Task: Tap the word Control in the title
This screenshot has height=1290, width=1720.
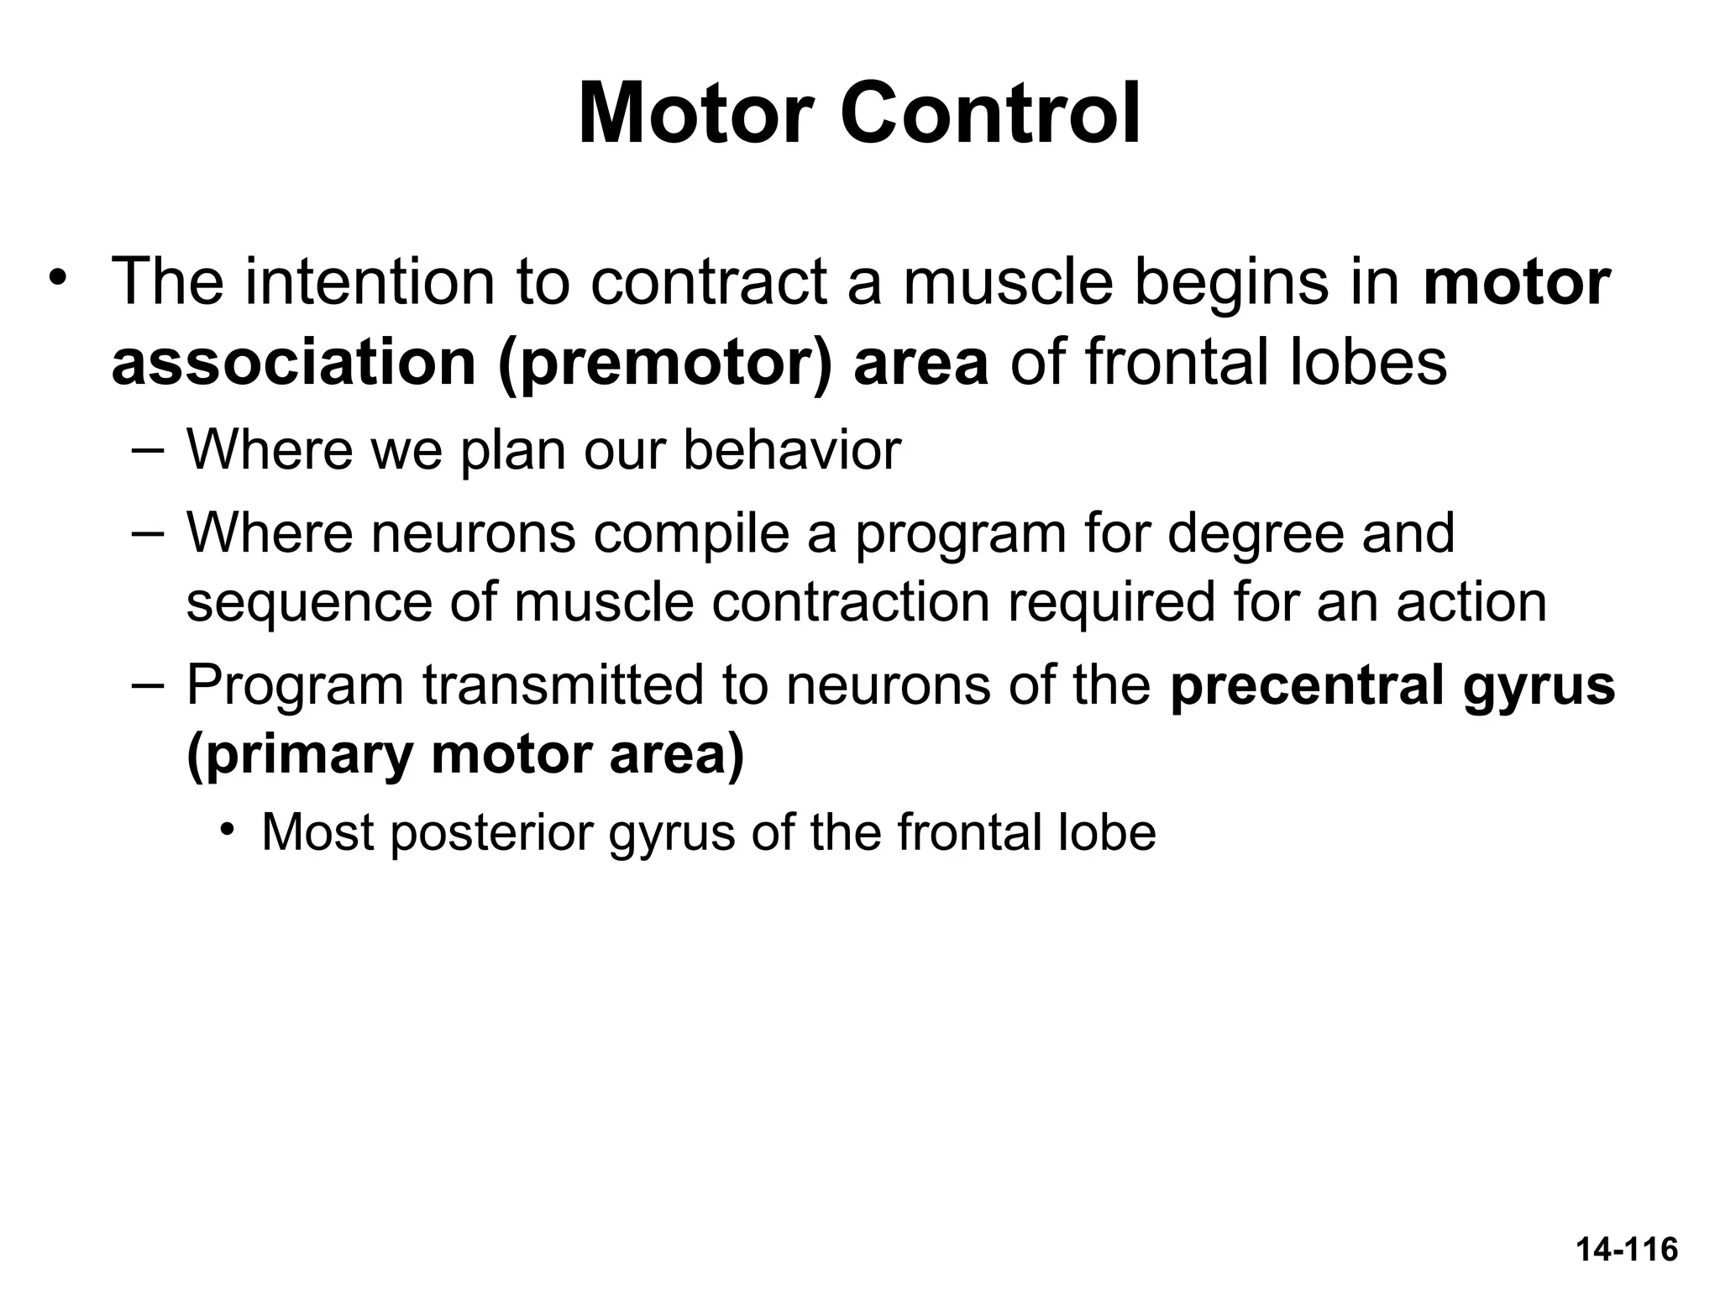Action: pyautogui.click(x=991, y=114)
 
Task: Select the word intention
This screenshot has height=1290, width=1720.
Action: pyautogui.click(x=370, y=282)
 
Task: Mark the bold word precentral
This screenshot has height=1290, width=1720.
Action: pyautogui.click(x=1307, y=685)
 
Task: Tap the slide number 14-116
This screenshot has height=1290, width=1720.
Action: pyautogui.click(x=1627, y=1250)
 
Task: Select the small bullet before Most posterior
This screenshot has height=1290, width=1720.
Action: pyautogui.click(x=227, y=830)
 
